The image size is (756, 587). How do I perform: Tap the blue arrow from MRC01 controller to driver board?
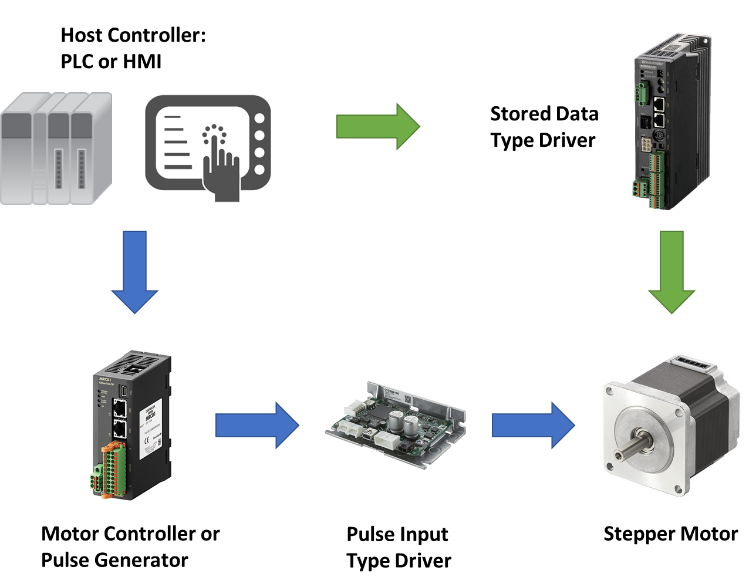(257, 425)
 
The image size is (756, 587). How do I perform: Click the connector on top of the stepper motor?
(696, 363)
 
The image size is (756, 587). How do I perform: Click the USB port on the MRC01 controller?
(124, 390)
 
